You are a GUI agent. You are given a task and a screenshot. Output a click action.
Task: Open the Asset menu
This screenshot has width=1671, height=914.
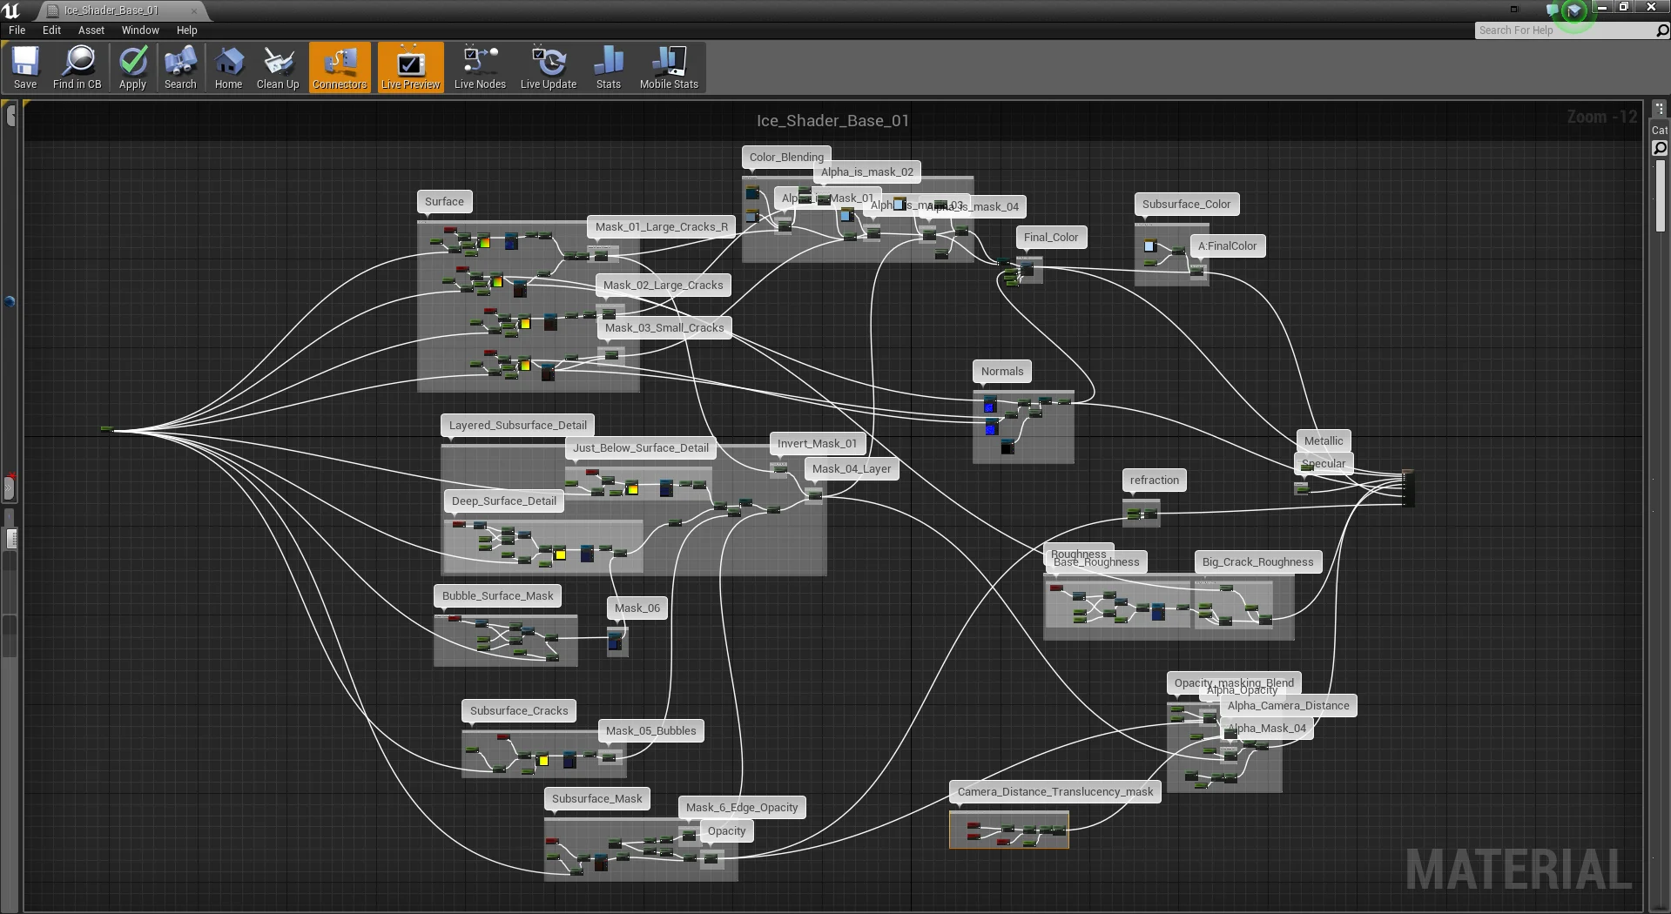tap(91, 30)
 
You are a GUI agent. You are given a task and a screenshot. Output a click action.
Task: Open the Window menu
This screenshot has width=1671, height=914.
tap(140, 30)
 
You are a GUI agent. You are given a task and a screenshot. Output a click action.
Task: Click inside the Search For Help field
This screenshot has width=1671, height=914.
tap(1563, 30)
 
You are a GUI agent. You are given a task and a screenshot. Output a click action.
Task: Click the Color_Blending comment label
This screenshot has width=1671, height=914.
tap(786, 158)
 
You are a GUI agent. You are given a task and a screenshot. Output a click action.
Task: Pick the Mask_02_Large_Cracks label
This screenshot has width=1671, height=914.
tap(663, 286)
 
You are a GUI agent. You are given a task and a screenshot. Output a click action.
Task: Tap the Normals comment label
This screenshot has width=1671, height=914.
tap(1002, 372)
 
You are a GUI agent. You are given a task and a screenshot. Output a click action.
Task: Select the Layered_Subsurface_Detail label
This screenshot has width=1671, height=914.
tap(518, 426)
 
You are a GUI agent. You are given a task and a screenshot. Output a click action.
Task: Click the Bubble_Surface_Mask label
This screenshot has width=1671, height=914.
tap(498, 596)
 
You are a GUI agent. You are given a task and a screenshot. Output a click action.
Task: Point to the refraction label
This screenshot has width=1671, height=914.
tap(1155, 481)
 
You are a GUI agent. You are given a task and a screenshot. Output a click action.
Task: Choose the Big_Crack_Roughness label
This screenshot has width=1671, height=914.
tap(1257, 562)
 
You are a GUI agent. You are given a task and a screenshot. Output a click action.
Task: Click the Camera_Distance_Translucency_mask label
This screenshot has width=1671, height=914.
tap(1055, 792)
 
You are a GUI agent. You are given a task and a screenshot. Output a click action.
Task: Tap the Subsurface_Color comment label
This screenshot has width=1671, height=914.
tap(1186, 205)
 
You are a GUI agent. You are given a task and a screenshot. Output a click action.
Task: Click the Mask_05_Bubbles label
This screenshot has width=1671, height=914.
tap(651, 731)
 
